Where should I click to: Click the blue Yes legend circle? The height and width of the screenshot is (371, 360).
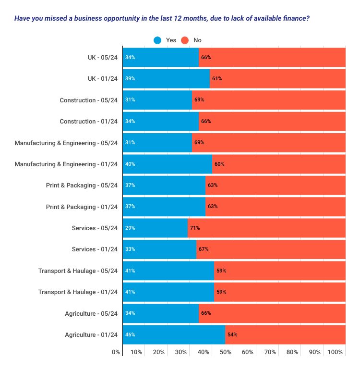pyautogui.click(x=157, y=40)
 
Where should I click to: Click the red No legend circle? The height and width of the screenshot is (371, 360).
pyautogui.click(x=185, y=40)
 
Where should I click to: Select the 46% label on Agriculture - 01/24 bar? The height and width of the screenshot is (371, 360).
pyautogui.click(x=130, y=334)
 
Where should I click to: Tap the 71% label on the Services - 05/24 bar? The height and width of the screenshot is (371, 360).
pyautogui.click(x=194, y=228)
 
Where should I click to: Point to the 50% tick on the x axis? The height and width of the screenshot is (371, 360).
pyautogui.click(x=225, y=352)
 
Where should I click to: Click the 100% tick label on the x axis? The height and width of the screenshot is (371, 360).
pyautogui.click(x=335, y=352)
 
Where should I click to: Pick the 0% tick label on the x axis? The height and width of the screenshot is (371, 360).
pyautogui.click(x=116, y=352)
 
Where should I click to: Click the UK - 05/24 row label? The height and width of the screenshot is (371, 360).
pyautogui.click(x=102, y=58)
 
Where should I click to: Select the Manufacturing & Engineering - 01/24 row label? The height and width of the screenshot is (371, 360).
pyautogui.click(x=66, y=164)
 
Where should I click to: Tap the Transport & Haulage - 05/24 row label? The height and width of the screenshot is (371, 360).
pyautogui.click(x=78, y=271)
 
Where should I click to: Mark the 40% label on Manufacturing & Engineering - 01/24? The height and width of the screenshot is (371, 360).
pyautogui.click(x=130, y=164)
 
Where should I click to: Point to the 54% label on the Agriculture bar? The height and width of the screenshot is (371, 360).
pyautogui.click(x=232, y=334)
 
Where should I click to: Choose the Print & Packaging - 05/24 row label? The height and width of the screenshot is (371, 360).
pyautogui.click(x=82, y=185)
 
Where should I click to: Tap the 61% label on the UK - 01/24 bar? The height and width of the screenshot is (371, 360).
pyautogui.click(x=217, y=79)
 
